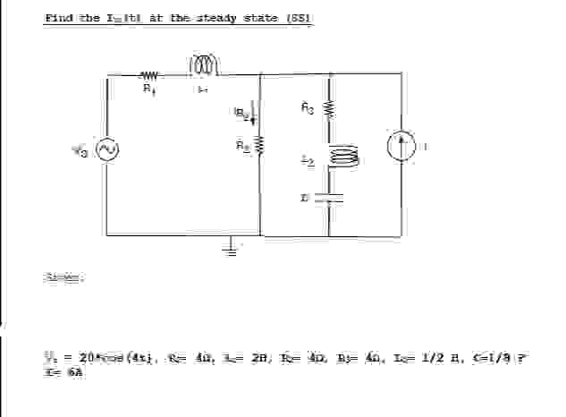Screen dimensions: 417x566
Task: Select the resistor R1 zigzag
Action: click(148, 76)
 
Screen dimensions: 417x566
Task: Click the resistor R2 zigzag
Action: click(260, 145)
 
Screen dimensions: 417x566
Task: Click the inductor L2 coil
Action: click(343, 157)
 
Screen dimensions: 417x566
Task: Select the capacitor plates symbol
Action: click(330, 197)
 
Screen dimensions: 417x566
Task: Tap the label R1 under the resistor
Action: click(148, 89)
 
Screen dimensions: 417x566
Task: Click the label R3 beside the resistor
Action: click(308, 108)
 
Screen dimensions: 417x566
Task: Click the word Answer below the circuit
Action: click(58, 278)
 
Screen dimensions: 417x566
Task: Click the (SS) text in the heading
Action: click(301, 19)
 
